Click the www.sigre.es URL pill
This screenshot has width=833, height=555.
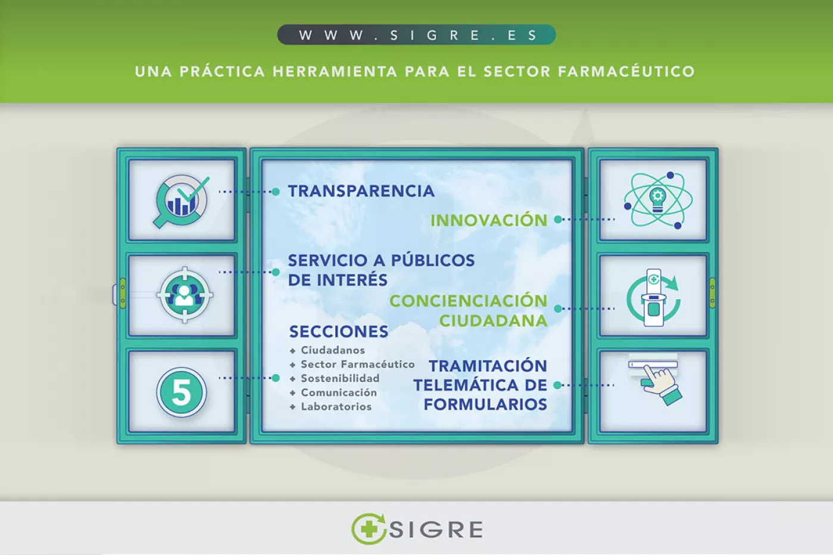(x=416, y=35)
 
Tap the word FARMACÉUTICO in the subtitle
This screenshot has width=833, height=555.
(x=626, y=72)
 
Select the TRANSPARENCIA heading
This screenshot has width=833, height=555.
(x=361, y=191)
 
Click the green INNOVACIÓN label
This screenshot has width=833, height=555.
(x=488, y=220)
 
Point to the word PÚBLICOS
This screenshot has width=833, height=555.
(x=432, y=261)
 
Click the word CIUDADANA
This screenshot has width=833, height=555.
(x=493, y=321)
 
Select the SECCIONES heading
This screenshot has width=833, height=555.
(x=338, y=332)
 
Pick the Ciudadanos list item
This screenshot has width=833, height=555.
(x=332, y=350)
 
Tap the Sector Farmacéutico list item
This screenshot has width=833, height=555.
(x=357, y=364)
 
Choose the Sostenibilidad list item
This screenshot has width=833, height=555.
(x=339, y=379)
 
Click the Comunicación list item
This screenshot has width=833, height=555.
(x=338, y=393)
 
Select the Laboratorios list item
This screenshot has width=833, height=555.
(x=336, y=407)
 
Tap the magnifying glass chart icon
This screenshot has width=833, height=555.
(x=181, y=201)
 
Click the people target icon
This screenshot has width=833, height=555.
(x=185, y=295)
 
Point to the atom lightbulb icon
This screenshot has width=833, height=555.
(x=657, y=200)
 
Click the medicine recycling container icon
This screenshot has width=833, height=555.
(x=654, y=297)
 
